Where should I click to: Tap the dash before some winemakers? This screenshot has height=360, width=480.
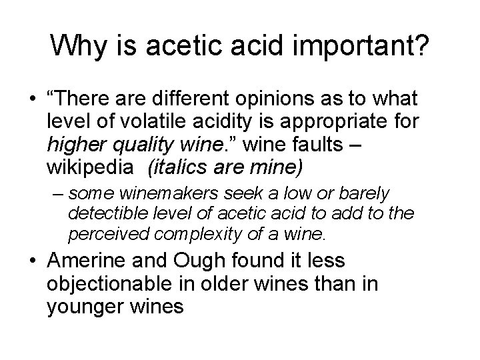(58, 194)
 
